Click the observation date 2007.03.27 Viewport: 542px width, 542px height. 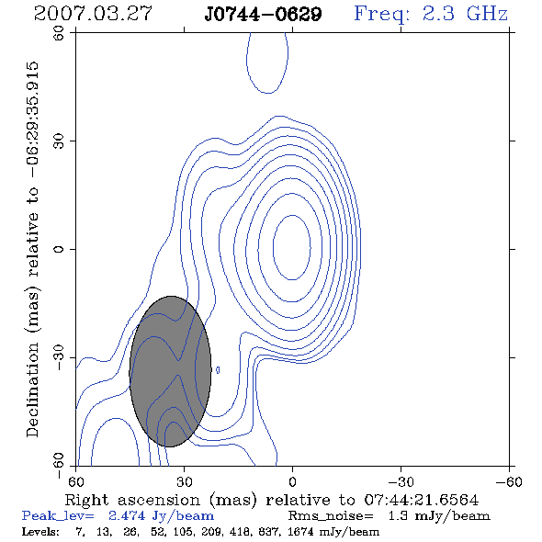[93, 14]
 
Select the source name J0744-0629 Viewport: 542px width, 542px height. [264, 15]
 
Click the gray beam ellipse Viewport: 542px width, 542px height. [171, 371]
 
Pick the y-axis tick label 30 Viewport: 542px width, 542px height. [59, 141]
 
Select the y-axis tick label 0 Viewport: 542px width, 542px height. [59, 249]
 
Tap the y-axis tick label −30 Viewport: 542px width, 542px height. [59, 357]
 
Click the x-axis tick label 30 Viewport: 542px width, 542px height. [185, 481]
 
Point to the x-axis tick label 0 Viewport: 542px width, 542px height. [292, 481]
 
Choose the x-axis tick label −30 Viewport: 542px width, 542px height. [401, 481]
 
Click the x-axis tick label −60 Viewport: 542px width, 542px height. [509, 481]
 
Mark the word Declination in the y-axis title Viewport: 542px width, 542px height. [32, 390]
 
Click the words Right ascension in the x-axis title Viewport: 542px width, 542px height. [132, 500]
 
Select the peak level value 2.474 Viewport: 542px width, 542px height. [127, 515]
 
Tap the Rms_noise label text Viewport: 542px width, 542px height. [331, 516]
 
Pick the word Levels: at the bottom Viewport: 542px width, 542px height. [40, 531]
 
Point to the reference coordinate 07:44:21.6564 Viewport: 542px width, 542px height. [422, 500]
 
